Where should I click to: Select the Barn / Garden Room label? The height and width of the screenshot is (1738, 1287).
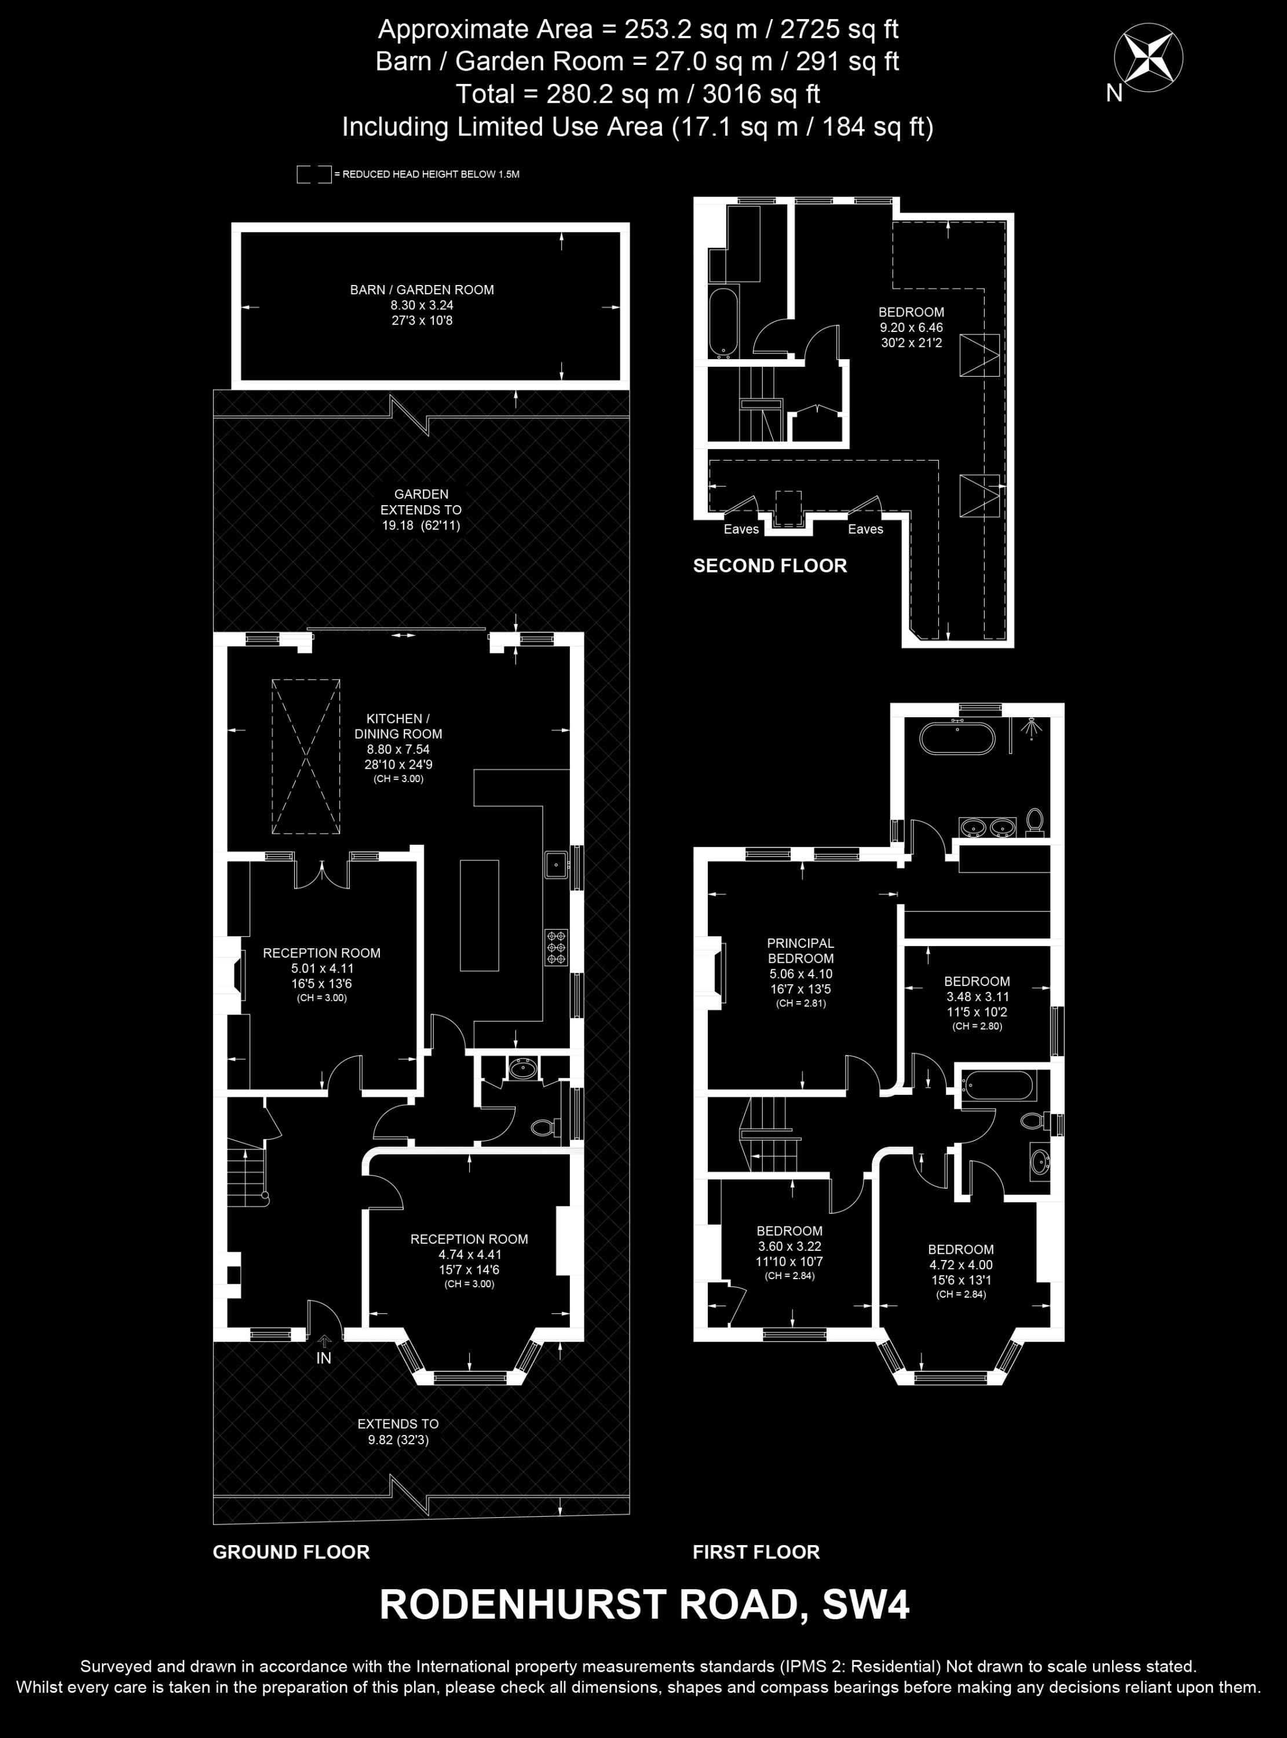click(x=422, y=290)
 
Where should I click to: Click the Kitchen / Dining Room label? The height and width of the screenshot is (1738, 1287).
click(x=398, y=726)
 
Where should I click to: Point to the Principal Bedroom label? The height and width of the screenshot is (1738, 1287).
click(x=801, y=951)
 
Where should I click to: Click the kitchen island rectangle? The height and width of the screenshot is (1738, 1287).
click(x=479, y=915)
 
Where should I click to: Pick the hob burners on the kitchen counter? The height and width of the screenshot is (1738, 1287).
click(x=556, y=948)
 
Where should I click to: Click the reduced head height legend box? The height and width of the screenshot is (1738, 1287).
click(x=314, y=174)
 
